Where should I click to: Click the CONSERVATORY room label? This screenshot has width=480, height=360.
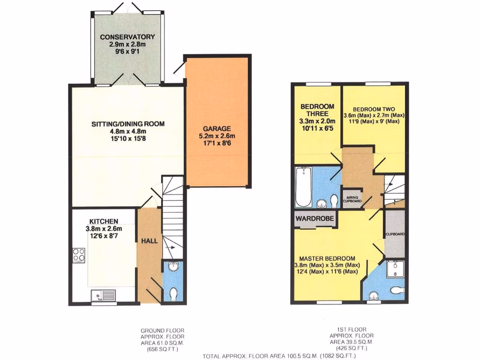click(127, 37)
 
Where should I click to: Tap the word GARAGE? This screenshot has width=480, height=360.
click(217, 128)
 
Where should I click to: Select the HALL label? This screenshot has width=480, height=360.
click(150, 240)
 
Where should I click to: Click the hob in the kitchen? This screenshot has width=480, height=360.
click(78, 255)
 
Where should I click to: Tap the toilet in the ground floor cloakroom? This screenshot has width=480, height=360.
click(173, 294)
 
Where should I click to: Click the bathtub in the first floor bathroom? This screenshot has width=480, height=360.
click(303, 188)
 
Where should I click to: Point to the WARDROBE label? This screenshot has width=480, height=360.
click(314, 218)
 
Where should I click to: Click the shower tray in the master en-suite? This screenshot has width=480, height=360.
click(395, 269)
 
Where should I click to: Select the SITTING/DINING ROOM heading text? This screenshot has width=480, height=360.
click(127, 124)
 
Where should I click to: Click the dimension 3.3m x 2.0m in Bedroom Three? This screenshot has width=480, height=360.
click(318, 120)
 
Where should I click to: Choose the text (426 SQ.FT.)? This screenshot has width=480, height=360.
click(352, 348)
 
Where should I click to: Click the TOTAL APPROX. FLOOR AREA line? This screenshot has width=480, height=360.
click(282, 356)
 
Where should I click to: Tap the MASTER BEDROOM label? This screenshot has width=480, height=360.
click(327, 258)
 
